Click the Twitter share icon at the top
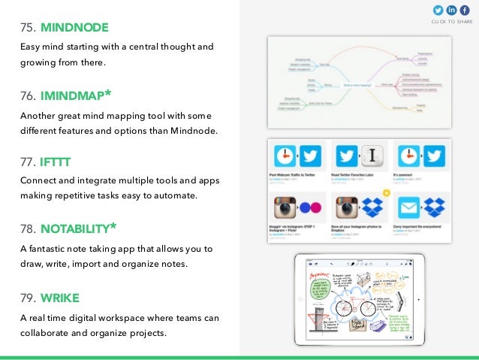[438, 10]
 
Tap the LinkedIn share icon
[452, 10]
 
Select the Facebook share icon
[465, 10]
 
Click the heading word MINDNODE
[74, 29]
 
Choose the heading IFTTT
[56, 162]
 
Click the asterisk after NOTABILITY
[113, 225]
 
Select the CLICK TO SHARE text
[452, 22]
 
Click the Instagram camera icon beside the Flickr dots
[285, 207]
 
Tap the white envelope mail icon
[407, 207]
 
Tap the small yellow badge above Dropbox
[387, 192]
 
